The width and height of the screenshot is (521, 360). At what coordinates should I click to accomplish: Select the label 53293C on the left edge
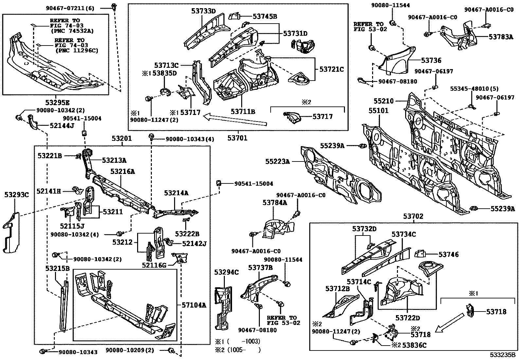point(16,195)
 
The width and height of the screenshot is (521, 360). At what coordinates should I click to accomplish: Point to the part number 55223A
point(278,161)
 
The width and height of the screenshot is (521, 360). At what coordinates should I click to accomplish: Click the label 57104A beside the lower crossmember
point(194,305)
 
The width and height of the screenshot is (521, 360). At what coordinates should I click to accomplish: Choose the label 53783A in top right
point(500,37)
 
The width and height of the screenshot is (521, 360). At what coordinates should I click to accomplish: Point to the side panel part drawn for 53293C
point(11,233)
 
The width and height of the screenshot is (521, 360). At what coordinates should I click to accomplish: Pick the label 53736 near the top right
point(431,60)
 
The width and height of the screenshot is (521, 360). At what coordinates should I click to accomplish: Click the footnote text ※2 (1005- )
point(238,350)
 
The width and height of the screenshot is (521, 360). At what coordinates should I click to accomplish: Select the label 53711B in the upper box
point(243,111)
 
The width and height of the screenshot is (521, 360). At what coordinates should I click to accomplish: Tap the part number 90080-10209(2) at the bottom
point(130,350)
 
